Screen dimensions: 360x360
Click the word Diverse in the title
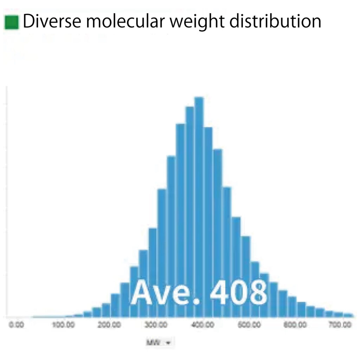click(x=50, y=22)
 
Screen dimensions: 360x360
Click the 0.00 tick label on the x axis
click(x=16, y=325)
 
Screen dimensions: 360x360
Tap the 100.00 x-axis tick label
click(x=63, y=325)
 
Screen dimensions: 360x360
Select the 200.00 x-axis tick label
click(x=110, y=325)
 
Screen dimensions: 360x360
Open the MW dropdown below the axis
click(x=160, y=342)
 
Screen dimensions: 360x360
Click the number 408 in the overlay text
click(x=238, y=293)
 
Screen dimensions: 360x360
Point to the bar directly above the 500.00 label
click(x=246, y=271)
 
